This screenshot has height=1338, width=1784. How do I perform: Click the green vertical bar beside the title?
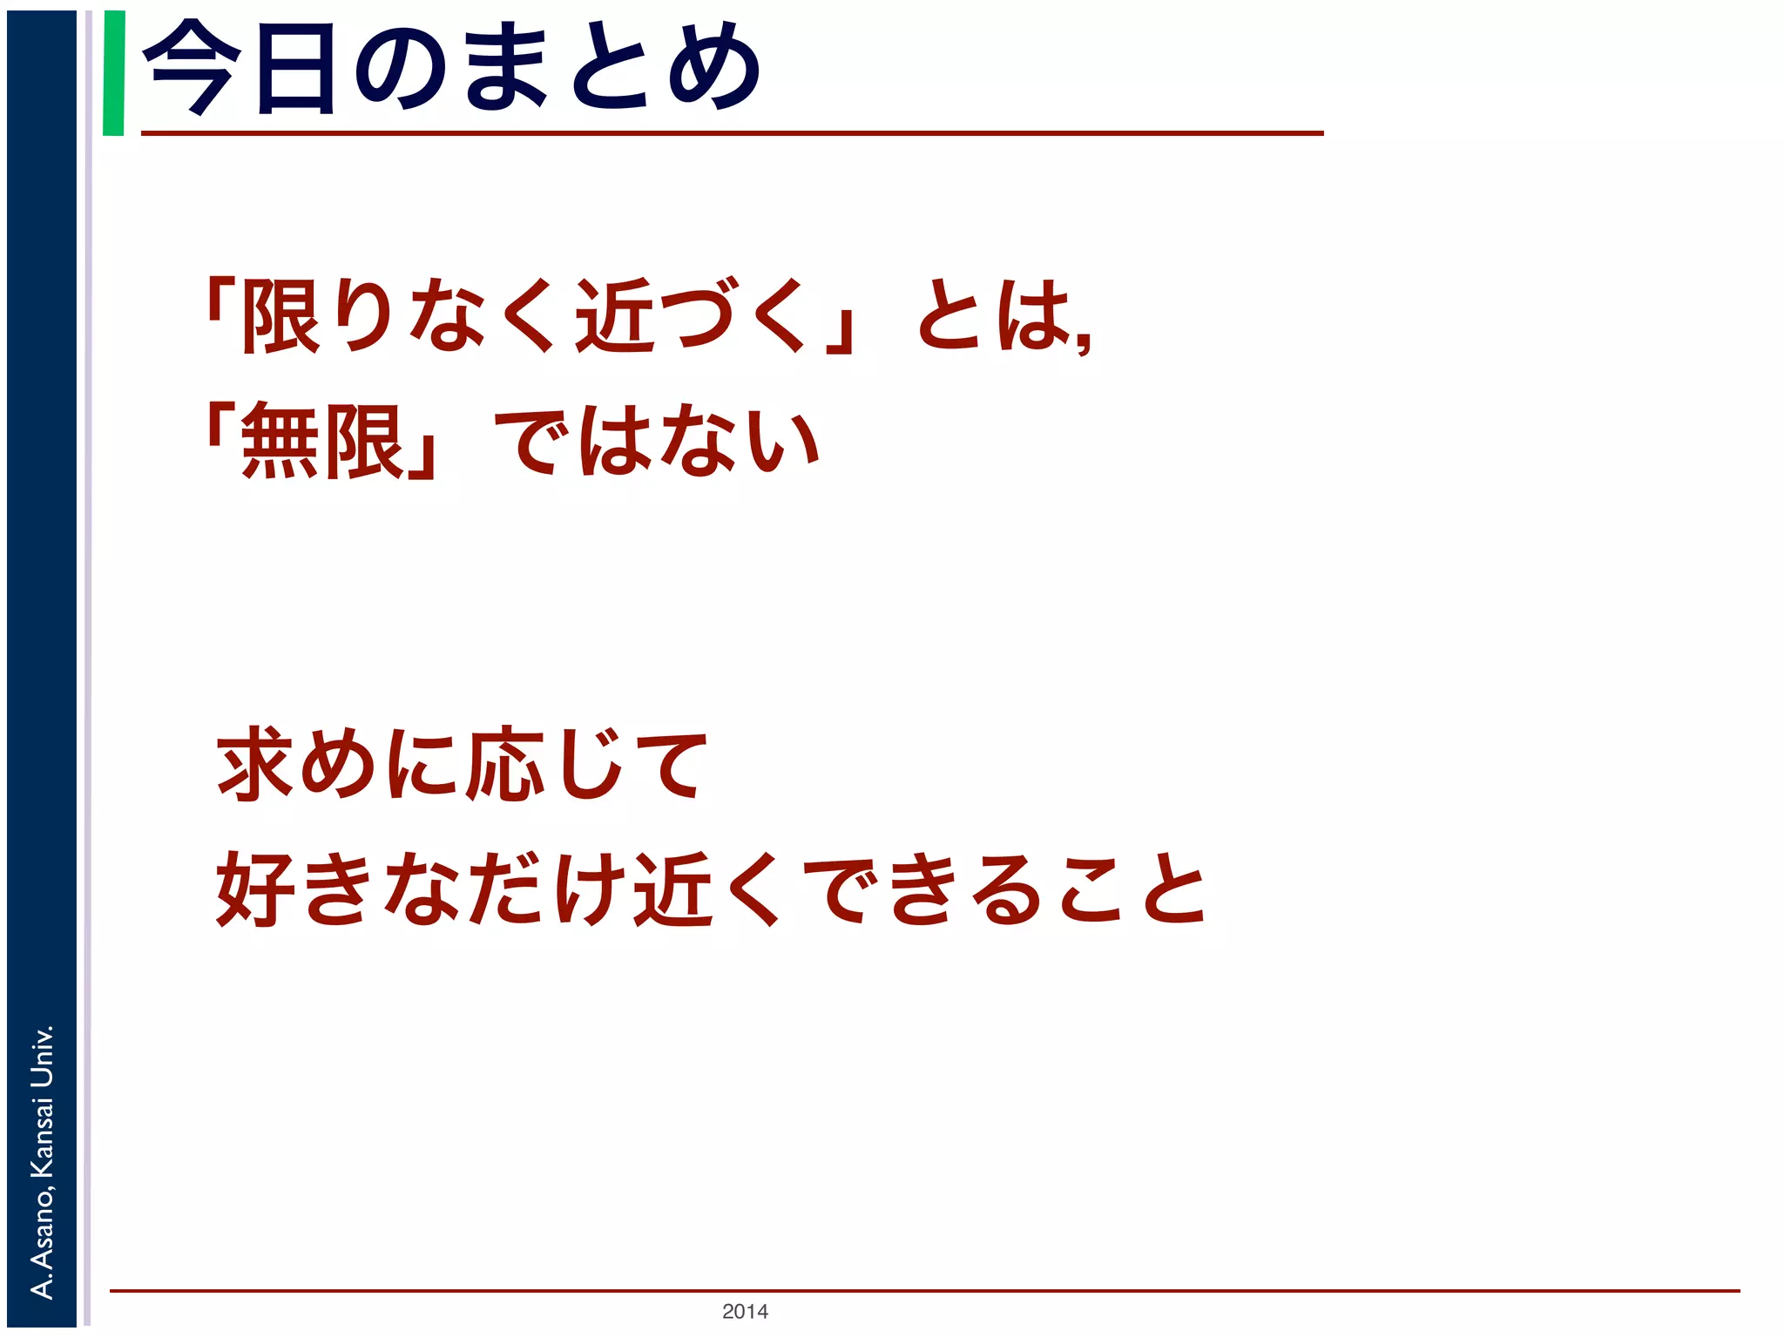point(113,73)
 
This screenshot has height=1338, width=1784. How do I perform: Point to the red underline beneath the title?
point(732,133)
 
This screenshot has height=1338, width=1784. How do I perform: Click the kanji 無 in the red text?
point(280,442)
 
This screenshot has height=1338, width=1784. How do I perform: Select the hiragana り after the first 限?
point(366,315)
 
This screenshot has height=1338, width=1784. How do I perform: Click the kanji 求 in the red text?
point(254,765)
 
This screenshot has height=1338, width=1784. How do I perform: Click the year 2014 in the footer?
point(745,1311)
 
